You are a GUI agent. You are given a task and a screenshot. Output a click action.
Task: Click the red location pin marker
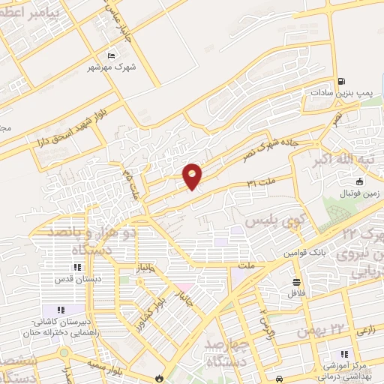pos(193,175)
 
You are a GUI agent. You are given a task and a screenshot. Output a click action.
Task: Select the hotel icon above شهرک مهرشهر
pos(112,55)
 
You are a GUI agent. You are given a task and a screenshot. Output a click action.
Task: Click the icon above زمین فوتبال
pos(359,181)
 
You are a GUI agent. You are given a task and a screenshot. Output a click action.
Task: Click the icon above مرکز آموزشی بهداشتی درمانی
pos(343,354)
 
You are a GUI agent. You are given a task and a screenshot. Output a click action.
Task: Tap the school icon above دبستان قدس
pos(76,267)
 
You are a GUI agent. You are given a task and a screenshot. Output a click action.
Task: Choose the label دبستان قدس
pos(76,279)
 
